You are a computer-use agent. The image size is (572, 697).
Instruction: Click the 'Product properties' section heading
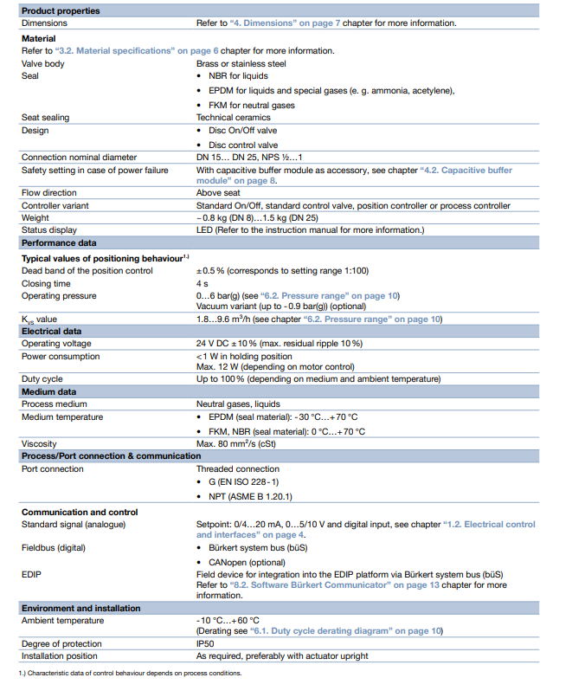coord(61,10)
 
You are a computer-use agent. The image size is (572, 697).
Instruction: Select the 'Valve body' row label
coord(43,63)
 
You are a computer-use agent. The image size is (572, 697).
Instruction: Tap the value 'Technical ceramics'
coord(233,117)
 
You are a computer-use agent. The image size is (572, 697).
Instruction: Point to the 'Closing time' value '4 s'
coord(202,283)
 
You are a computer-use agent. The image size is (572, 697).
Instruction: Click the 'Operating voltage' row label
coord(59,344)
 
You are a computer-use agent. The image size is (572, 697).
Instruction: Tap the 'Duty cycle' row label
coord(42,379)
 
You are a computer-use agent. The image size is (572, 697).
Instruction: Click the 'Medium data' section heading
coord(49,391)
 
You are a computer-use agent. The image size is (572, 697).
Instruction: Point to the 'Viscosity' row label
coord(40,444)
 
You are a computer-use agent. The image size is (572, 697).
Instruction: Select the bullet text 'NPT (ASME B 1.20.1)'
coord(250,496)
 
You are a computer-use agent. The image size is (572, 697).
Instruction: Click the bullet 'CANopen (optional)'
coord(248,562)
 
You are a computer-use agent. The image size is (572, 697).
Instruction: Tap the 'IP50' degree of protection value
coord(206,643)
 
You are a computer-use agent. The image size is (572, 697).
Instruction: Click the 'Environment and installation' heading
coord(80,609)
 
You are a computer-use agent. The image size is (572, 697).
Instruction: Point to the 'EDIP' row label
coord(31,574)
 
